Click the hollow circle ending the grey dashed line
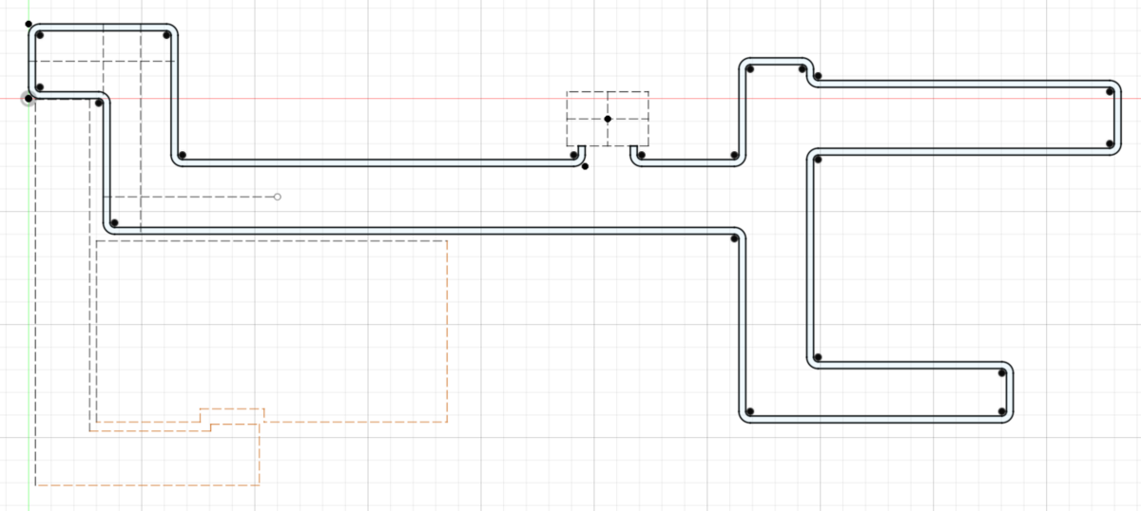point(278,197)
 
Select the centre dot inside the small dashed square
point(608,119)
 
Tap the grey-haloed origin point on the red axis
point(29,98)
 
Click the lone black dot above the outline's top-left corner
point(29,24)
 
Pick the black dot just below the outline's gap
point(585,166)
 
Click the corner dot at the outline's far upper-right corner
point(1110,92)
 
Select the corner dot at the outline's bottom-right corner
point(1002,412)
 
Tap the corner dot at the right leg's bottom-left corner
point(750,411)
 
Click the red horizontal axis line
point(380,98)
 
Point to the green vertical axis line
point(29,285)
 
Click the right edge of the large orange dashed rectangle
point(447,332)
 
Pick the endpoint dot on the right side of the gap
point(642,155)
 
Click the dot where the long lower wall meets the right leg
point(735,237)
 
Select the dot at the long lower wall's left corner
point(114,223)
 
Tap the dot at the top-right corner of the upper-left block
point(166,35)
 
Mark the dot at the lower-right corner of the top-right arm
point(1110,143)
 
